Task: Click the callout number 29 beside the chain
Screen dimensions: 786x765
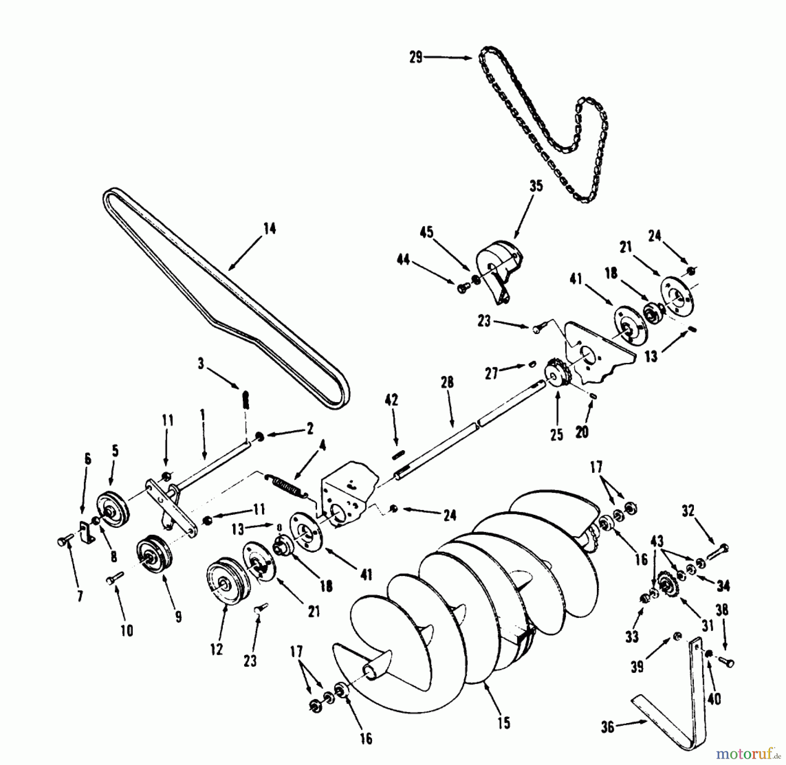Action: click(x=416, y=57)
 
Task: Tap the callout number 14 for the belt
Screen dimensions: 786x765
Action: click(x=270, y=228)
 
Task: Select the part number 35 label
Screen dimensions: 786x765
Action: click(x=536, y=186)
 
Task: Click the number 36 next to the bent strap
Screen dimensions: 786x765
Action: click(x=607, y=727)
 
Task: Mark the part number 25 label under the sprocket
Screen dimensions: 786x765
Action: click(x=557, y=435)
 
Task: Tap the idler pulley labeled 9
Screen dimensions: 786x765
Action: click(x=154, y=555)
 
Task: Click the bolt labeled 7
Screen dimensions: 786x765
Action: click(x=66, y=542)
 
